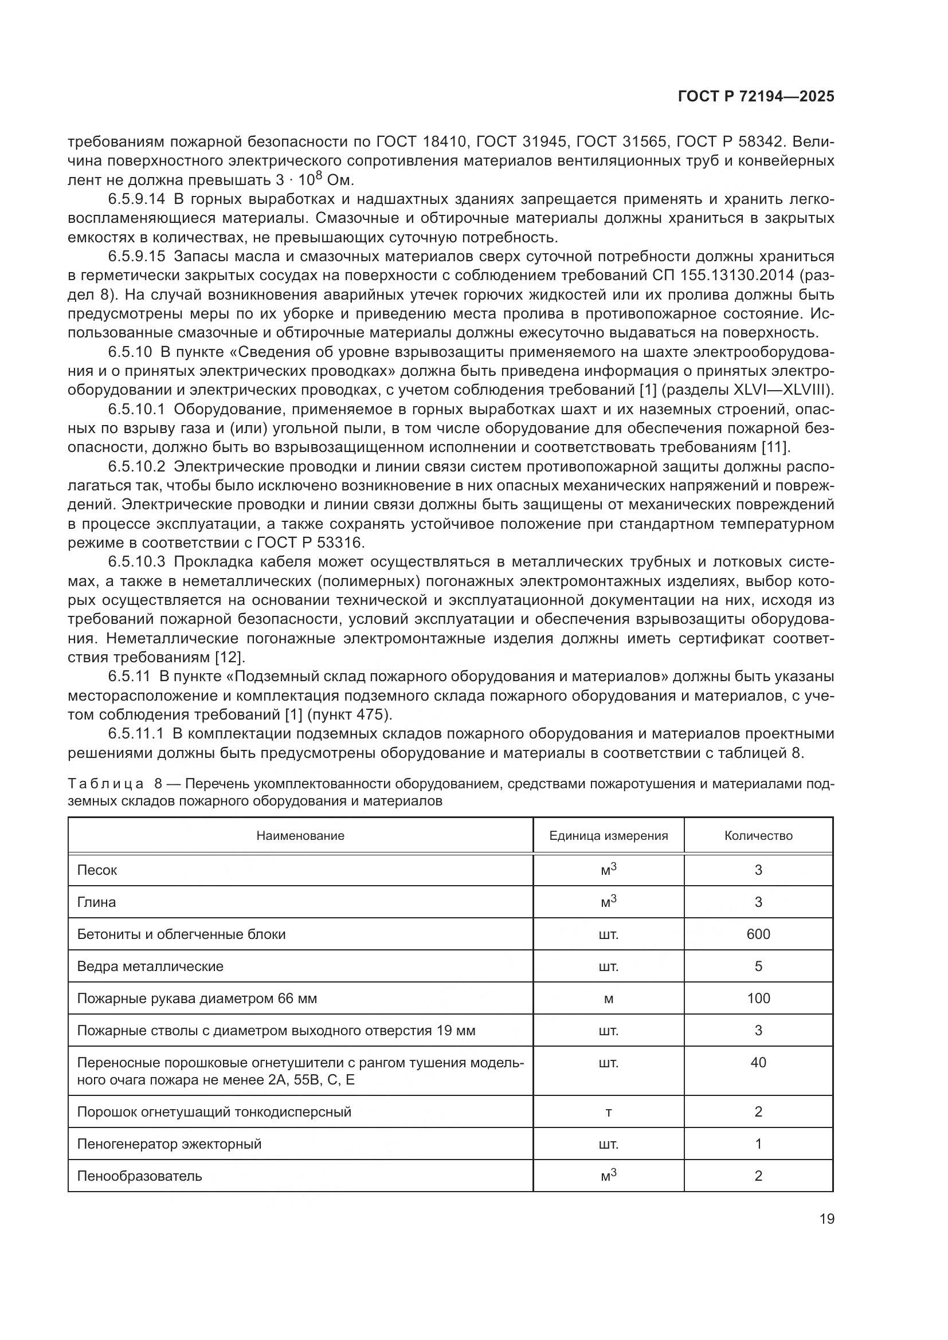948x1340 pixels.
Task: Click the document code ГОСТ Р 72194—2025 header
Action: tap(756, 97)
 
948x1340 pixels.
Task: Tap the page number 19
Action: tap(826, 1219)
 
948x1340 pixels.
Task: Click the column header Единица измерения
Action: tap(608, 836)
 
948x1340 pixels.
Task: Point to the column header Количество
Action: tap(758, 836)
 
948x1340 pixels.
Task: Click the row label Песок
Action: tap(97, 870)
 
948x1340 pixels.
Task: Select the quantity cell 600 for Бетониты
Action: tap(758, 934)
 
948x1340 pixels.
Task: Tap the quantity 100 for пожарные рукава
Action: tap(758, 999)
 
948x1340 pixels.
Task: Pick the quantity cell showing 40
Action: tap(758, 1062)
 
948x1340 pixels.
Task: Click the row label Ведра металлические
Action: tap(150, 966)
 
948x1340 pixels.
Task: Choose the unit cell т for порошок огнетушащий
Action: tap(608, 1112)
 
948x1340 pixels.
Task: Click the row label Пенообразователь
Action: tap(139, 1176)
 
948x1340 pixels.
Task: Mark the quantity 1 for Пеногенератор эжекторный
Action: tap(758, 1144)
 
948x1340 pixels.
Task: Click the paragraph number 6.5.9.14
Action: tap(136, 199)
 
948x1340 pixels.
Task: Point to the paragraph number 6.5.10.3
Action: tap(136, 562)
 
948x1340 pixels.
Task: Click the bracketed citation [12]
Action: tap(228, 657)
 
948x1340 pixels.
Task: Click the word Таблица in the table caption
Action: tap(105, 784)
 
